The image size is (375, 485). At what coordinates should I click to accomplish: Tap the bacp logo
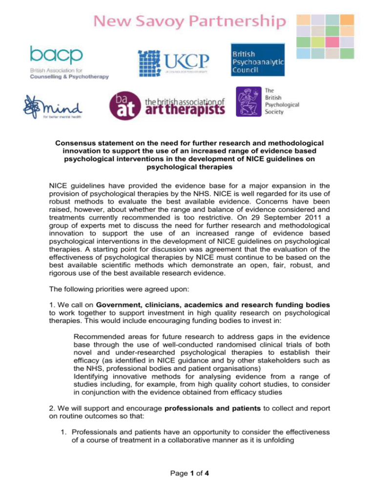point(69,61)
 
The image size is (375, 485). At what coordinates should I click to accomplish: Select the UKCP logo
point(174,64)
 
